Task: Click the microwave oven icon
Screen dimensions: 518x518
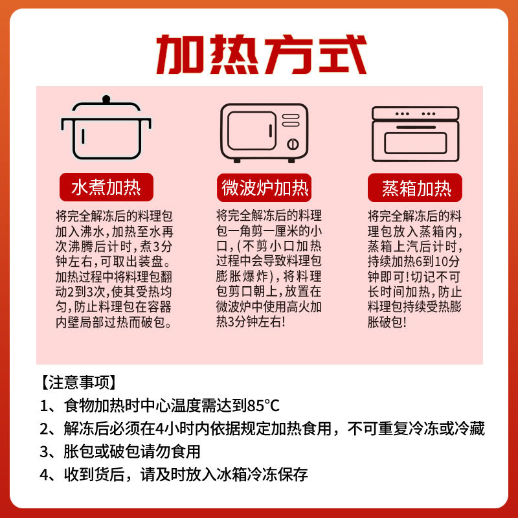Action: coord(264,133)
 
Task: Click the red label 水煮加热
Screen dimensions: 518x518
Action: coord(106,188)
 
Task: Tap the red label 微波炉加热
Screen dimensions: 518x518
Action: coord(265,188)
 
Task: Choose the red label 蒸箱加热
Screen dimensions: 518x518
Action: coord(415,189)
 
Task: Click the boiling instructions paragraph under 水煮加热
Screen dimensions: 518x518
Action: coord(106,269)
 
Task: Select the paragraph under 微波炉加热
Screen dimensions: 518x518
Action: coord(265,269)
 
